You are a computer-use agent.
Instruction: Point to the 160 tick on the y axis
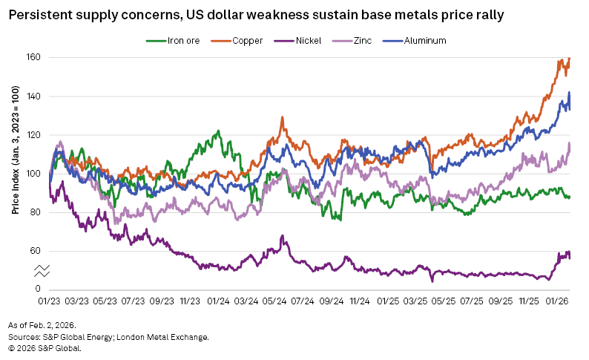tap(33, 58)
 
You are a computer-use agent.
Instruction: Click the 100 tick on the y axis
tap(33, 174)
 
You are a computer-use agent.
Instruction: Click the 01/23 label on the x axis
tap(50, 302)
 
